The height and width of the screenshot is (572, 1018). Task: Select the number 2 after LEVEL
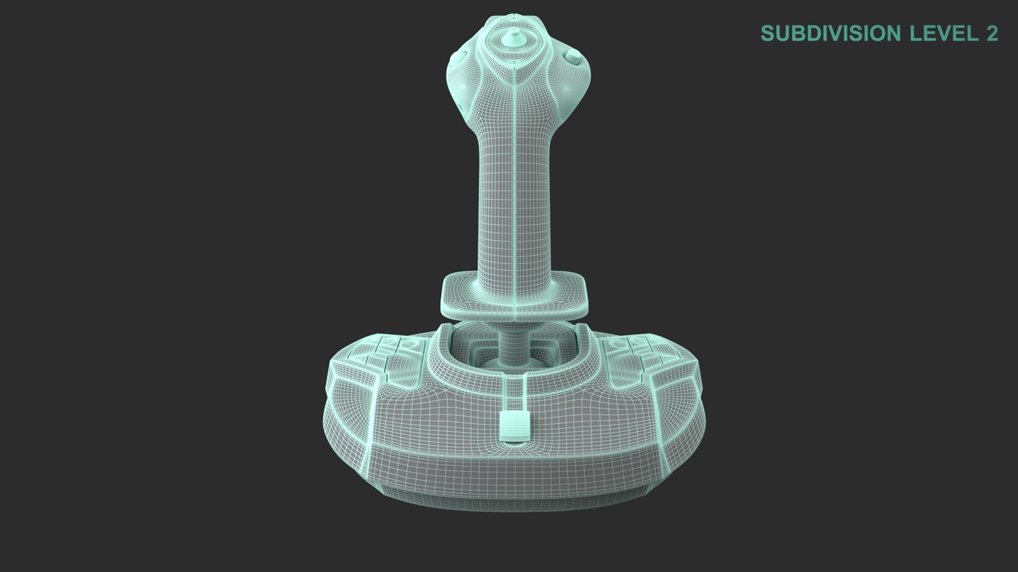[x=992, y=33]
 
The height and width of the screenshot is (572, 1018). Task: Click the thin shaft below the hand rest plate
[x=513, y=344]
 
